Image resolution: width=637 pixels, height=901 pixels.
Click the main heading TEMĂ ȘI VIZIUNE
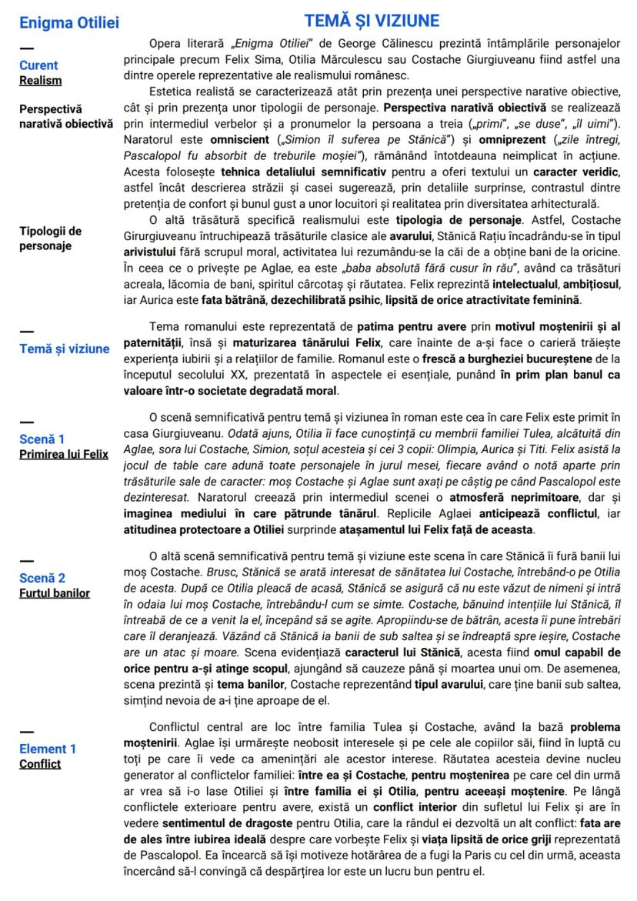[372, 20]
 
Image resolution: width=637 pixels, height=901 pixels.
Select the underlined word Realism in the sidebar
[41, 80]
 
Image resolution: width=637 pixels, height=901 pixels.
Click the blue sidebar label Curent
[38, 65]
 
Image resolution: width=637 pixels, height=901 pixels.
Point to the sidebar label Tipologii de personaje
[50, 238]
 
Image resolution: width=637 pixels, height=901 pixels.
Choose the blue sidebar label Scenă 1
[42, 439]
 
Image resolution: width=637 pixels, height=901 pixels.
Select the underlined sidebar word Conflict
[40, 763]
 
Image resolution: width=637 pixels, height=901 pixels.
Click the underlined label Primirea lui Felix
[64, 454]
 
